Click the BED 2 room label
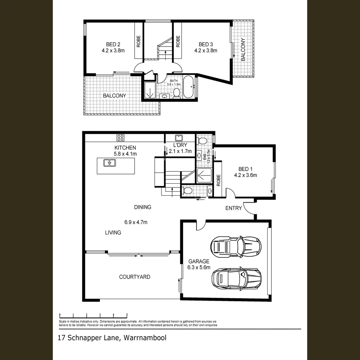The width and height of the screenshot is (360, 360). (x=113, y=44)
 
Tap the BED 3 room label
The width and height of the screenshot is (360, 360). (x=206, y=44)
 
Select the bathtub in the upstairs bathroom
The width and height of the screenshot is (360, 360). (x=189, y=87)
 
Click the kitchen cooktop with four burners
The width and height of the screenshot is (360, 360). (x=120, y=137)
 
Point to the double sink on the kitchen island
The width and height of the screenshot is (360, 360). (x=110, y=163)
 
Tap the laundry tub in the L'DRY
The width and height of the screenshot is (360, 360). (x=178, y=137)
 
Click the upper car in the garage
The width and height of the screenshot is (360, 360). (x=236, y=247)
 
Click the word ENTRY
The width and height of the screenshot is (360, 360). (x=233, y=208)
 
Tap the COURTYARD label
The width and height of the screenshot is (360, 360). (x=135, y=277)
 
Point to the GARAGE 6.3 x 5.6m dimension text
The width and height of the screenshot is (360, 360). (x=199, y=267)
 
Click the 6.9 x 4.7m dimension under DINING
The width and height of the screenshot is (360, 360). (x=136, y=222)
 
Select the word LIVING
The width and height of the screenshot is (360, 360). (x=113, y=232)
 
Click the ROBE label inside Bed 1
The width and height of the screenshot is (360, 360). (x=219, y=180)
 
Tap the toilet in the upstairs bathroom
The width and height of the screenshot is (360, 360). (x=176, y=93)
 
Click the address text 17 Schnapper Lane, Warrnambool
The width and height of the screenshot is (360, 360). (x=112, y=338)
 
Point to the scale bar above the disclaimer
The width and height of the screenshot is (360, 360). (x=93, y=315)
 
